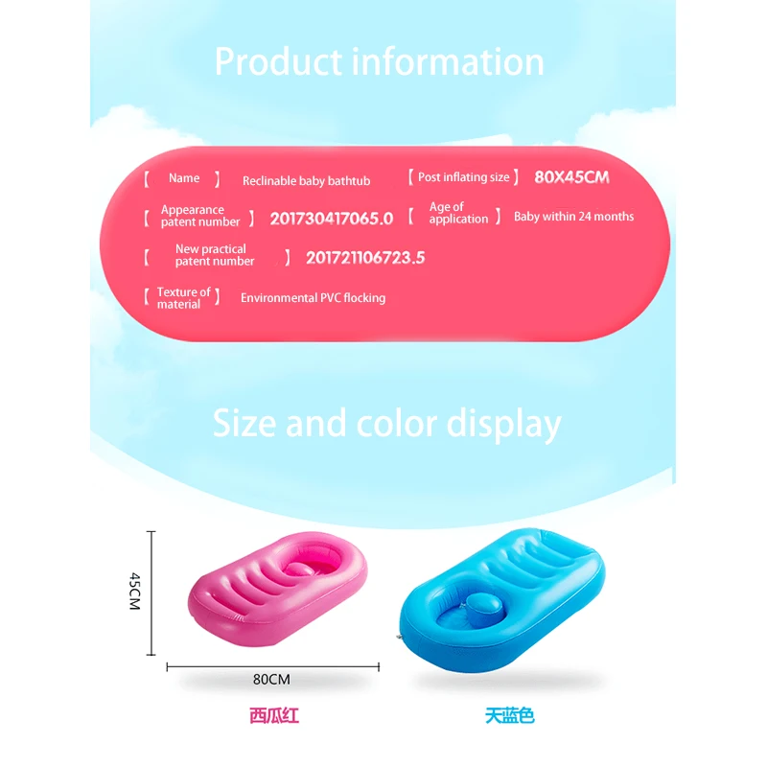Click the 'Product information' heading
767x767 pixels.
[379, 62]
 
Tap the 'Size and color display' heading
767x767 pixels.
[387, 424]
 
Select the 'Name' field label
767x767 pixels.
[184, 178]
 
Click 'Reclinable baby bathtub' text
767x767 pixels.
[306, 181]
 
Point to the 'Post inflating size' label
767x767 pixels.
[464, 177]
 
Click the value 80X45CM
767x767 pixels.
[571, 177]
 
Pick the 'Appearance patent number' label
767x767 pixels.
[200, 216]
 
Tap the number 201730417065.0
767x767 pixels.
[332, 219]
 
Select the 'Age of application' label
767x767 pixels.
[458, 213]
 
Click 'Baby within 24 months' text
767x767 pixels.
[573, 217]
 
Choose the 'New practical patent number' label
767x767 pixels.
[215, 255]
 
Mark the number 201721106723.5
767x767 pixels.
[365, 258]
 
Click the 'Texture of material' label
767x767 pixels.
[183, 298]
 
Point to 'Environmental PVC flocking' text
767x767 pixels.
[314, 298]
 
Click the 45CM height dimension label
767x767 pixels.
[135, 592]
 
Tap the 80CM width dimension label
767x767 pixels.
[271, 679]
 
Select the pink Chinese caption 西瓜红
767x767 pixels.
[274, 715]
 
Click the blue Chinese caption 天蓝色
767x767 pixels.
[510, 715]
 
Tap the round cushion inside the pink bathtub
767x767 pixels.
[298, 569]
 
